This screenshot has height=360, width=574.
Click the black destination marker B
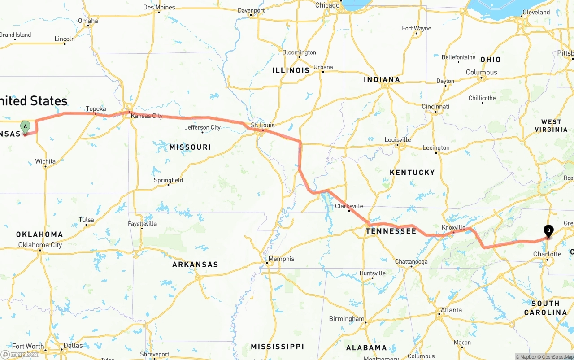[x=548, y=231]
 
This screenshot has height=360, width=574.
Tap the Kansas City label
[x=147, y=116]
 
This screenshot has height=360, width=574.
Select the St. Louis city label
[x=263, y=125]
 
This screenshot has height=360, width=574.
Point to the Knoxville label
[x=453, y=227]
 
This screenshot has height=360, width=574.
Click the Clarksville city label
[x=349, y=206]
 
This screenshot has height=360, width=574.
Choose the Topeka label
[x=96, y=109]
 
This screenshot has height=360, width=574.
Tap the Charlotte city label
[x=547, y=254]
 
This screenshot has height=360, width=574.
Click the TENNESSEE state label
[x=391, y=231]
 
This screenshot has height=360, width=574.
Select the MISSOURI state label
[x=190, y=147]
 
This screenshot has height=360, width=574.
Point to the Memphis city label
[x=281, y=259]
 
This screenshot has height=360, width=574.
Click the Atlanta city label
[x=451, y=310]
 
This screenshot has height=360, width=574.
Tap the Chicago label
[x=327, y=5]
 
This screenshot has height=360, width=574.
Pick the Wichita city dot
[x=45, y=167]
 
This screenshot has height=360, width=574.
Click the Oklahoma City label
[x=40, y=245]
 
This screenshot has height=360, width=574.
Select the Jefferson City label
[x=203, y=127]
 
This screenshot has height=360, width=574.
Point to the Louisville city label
[x=398, y=139]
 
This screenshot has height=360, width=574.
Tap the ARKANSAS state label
[x=195, y=265]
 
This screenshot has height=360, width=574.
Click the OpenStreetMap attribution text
[x=557, y=357]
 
